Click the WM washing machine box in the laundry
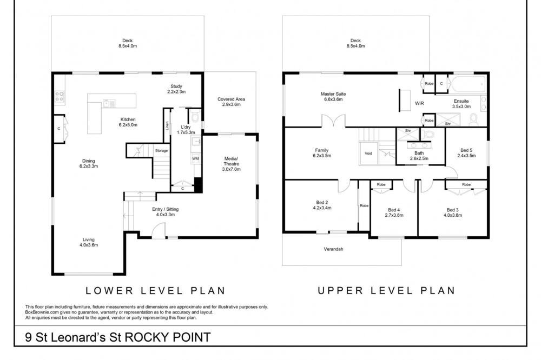tap(195, 158)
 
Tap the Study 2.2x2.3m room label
tap(176, 89)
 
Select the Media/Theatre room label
tap(231, 164)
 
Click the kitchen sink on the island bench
tap(109, 103)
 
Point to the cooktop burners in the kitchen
tap(60, 96)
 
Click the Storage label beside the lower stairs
tap(161, 151)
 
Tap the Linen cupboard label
tap(167, 125)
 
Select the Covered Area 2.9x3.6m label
tap(231, 102)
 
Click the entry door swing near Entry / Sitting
tap(159, 230)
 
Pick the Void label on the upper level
tap(368, 154)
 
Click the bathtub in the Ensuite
tap(467, 84)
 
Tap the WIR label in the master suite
tap(420, 103)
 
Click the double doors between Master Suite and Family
tap(333, 121)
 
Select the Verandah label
tap(334, 249)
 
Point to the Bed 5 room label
tap(466, 153)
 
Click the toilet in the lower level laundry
tap(195, 117)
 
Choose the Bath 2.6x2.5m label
tap(419, 156)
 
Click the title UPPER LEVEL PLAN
tap(386, 291)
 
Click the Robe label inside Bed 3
tap(466, 184)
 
